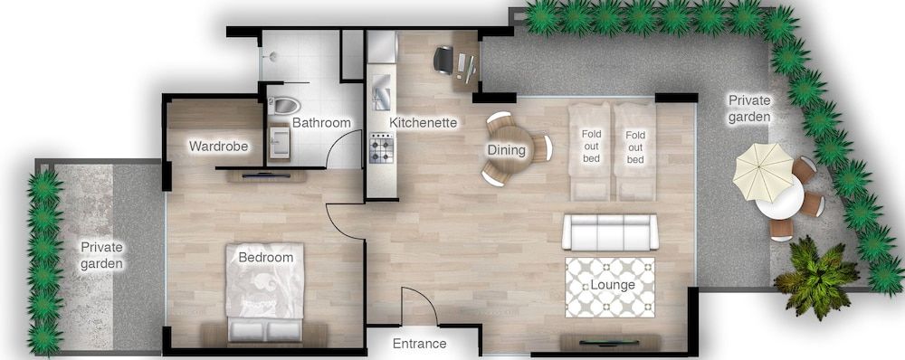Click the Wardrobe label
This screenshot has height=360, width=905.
[218, 147]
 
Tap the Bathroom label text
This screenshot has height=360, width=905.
[321, 123]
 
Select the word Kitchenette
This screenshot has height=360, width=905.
[423, 123]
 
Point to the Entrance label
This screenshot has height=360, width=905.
[420, 344]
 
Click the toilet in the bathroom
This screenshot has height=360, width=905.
[285, 105]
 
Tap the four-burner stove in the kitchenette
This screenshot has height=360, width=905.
[382, 149]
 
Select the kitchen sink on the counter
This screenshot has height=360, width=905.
[382, 92]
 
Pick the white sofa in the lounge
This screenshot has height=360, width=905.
[610, 232]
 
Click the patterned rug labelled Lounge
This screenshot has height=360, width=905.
[610, 288]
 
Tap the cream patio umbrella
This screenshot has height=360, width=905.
[763, 172]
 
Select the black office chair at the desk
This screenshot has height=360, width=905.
[443, 60]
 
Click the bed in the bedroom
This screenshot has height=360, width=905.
[265, 292]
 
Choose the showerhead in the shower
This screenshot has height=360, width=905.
[271, 56]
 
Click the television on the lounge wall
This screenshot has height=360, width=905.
[609, 342]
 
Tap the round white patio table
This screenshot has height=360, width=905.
[779, 199]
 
